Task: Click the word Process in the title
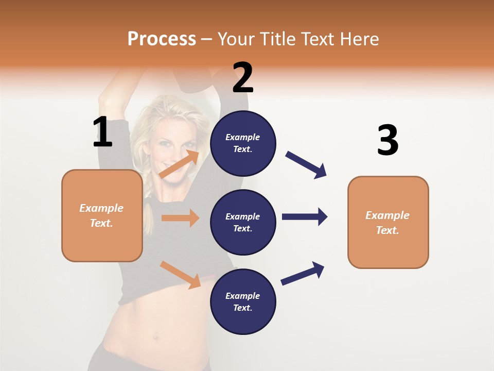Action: [x=162, y=39]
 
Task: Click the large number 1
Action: [x=102, y=132]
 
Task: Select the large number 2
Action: [x=243, y=78]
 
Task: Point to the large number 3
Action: [x=387, y=140]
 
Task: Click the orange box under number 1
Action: [x=102, y=215]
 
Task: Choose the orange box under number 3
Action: [x=388, y=222]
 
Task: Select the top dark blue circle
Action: [x=243, y=143]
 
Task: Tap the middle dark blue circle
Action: [x=243, y=222]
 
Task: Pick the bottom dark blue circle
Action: [x=243, y=301]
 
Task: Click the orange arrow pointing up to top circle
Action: [x=180, y=164]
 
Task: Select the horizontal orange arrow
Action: [x=180, y=218]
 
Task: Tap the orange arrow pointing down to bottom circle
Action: [x=181, y=275]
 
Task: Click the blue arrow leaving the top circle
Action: [x=306, y=165]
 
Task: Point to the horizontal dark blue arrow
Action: [x=304, y=216]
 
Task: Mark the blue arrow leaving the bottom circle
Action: [x=303, y=273]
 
